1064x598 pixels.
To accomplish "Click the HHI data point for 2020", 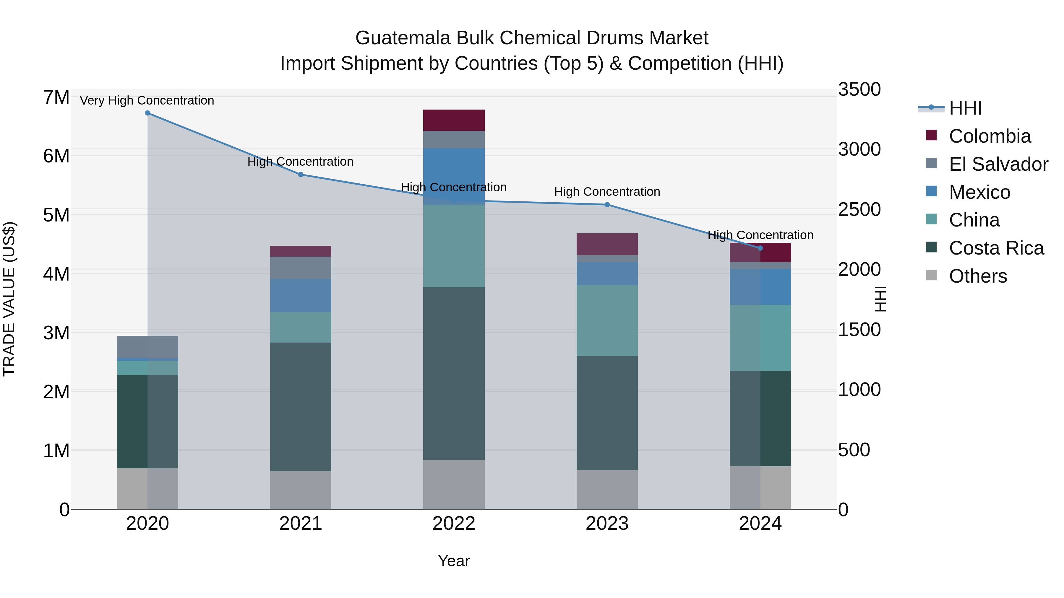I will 147,113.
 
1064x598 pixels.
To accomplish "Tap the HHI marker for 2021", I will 301,175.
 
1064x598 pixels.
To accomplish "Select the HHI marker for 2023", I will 607,205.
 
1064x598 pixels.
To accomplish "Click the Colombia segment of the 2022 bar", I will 454,120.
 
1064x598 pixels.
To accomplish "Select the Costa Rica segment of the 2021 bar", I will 301,407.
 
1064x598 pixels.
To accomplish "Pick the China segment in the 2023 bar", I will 607,321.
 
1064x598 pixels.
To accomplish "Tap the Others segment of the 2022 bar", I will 454,485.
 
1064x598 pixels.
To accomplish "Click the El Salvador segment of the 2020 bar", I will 147,347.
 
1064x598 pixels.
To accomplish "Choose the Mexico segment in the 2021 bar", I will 301,295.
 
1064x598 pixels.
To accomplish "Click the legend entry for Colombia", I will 990,136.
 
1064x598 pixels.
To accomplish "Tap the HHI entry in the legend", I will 965,108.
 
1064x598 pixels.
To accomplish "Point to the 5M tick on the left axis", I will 56,215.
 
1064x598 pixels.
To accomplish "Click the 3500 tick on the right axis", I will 859,89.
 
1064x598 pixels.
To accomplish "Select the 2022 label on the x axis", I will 454,524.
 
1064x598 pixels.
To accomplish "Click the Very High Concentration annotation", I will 147,100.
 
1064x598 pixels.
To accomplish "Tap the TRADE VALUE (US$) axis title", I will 9,299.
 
